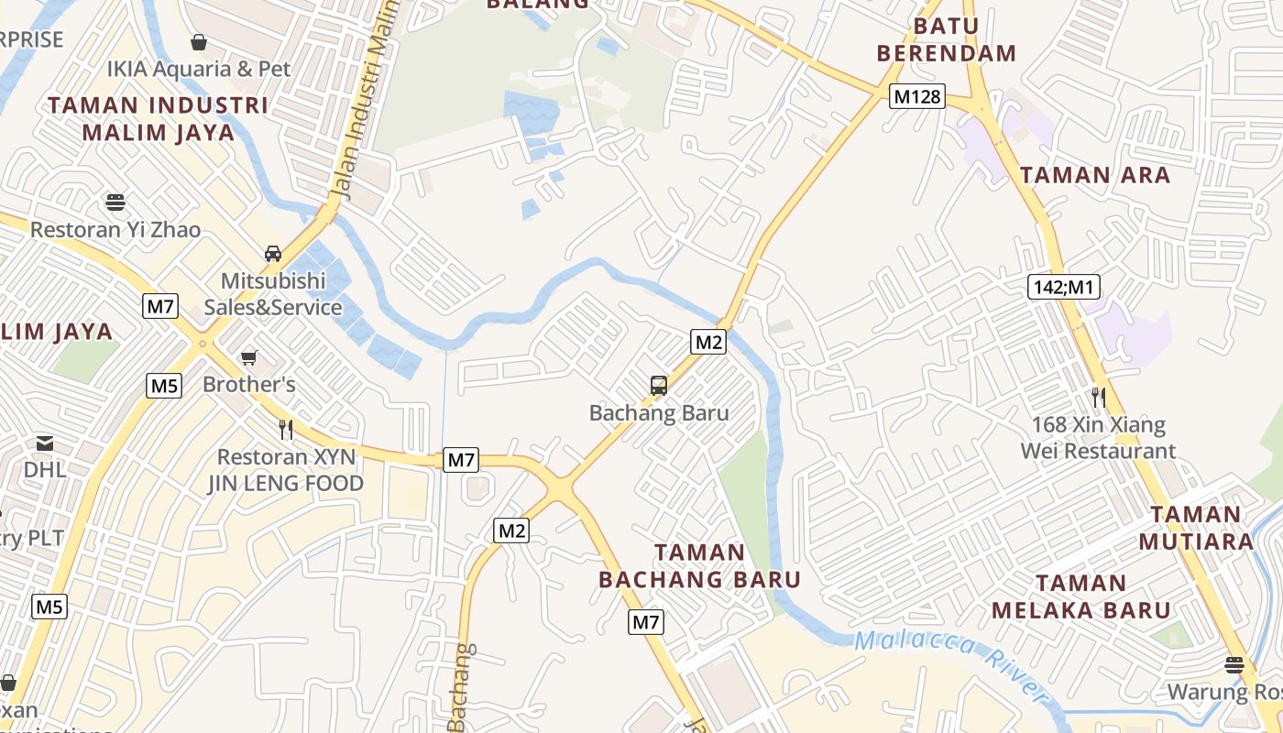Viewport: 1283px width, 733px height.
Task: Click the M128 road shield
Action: coord(916,95)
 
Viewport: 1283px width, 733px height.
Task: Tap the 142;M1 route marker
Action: coord(1063,287)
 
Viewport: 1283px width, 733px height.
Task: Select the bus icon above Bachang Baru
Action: coord(659,386)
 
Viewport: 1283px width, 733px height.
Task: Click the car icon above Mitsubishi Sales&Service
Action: coord(273,254)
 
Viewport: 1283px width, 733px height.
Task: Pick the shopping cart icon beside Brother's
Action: coord(248,357)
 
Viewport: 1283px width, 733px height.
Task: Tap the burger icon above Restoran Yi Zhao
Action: coord(115,202)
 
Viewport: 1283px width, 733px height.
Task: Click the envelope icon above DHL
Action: coord(44,443)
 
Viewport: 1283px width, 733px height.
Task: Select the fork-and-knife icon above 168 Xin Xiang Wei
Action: coord(1098,398)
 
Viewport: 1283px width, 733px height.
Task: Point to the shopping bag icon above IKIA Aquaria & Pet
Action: coord(198,42)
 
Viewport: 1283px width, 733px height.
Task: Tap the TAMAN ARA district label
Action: coord(1095,175)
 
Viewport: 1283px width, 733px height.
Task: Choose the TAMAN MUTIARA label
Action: coord(1196,528)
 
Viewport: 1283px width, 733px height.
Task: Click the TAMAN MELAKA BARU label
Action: coord(1081,596)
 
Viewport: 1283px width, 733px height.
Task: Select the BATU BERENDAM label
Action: coord(947,39)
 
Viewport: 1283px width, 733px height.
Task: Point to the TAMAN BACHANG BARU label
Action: coord(700,565)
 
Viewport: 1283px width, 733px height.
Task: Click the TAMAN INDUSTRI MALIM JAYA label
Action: coord(159,118)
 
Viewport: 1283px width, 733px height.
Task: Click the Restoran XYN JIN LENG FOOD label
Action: coord(285,469)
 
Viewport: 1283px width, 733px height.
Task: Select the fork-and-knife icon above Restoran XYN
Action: coord(286,429)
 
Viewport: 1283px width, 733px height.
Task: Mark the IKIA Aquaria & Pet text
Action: coord(199,69)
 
